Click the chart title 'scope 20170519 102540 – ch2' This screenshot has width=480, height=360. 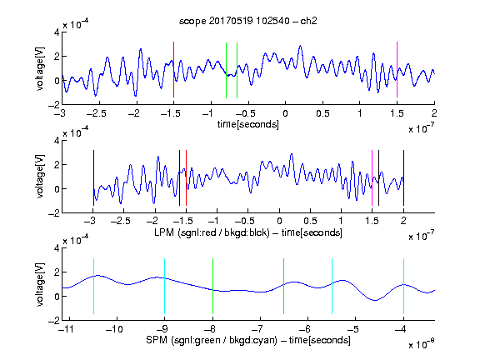tap(248, 21)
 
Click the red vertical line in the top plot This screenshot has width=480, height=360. tap(173, 70)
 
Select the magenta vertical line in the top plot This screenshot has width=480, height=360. tap(397, 70)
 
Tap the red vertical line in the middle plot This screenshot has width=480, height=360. tap(186, 177)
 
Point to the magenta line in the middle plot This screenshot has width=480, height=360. tap(372, 177)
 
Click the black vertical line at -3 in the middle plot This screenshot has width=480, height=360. tap(93, 177)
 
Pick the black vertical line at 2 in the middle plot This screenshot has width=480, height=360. tap(403, 177)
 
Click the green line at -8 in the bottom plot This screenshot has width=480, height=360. tap(212, 286)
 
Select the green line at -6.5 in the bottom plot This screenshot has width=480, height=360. tap(284, 286)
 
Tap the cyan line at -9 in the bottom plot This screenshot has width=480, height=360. tap(165, 286)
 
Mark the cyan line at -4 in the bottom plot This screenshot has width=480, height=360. tap(404, 286)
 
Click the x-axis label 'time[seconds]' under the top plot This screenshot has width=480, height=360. tap(248, 124)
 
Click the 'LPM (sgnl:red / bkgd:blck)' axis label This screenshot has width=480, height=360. tap(212, 232)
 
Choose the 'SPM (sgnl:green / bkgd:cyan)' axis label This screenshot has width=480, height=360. tap(212, 340)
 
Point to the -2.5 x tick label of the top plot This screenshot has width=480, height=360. tap(96, 114)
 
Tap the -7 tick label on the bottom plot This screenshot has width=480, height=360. tap(257, 329)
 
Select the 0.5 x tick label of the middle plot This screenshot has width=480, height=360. tap(310, 221)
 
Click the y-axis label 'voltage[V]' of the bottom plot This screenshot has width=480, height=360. tap(40, 284)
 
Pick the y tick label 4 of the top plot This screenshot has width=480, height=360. tap(57, 32)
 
